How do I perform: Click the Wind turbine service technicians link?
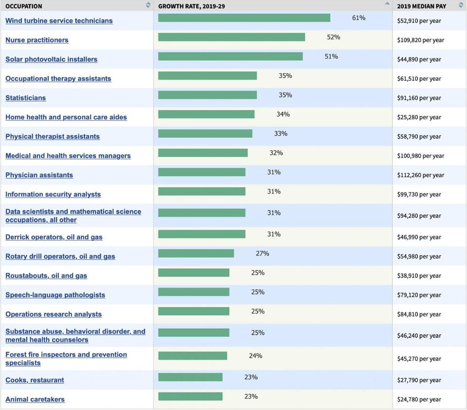click(x=59, y=20)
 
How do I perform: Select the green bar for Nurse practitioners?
click(x=231, y=37)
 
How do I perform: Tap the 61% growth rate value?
click(x=358, y=18)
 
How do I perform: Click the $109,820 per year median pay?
click(x=420, y=40)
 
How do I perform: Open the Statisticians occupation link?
click(x=25, y=98)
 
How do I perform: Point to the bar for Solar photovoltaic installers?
click(x=230, y=57)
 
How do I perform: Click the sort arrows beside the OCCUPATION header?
click(x=148, y=5)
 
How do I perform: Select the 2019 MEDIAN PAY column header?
click(x=421, y=6)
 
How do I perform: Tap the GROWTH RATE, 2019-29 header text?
click(x=191, y=6)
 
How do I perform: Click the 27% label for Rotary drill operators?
click(x=262, y=254)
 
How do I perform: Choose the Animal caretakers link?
click(x=35, y=399)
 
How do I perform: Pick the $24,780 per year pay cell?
click(x=419, y=399)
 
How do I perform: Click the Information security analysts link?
click(x=53, y=195)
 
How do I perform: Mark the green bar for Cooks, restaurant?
click(x=190, y=377)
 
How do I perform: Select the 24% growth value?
click(x=255, y=356)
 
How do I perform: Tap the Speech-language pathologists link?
click(x=55, y=295)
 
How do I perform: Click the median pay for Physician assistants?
click(x=420, y=175)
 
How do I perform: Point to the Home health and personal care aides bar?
click(x=206, y=114)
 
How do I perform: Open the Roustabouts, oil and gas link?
click(x=46, y=275)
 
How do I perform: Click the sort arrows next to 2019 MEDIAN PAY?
click(x=461, y=5)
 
